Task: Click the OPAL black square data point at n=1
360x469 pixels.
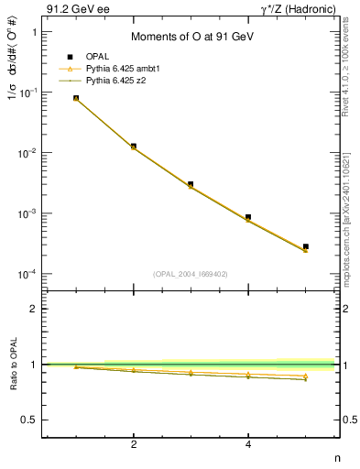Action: pyautogui.click(x=76, y=98)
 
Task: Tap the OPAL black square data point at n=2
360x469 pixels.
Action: pyautogui.click(x=134, y=146)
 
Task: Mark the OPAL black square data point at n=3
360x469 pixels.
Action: pyautogui.click(x=191, y=184)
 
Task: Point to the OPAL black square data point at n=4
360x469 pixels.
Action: pyautogui.click(x=248, y=217)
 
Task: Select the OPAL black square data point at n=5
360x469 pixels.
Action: pyautogui.click(x=306, y=246)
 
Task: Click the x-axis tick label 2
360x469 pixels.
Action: pyautogui.click(x=134, y=445)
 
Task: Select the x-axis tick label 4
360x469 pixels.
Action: pyautogui.click(x=248, y=445)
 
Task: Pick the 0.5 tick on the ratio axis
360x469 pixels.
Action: pyautogui.click(x=29, y=420)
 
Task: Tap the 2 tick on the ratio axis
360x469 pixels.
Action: pyautogui.click(x=34, y=309)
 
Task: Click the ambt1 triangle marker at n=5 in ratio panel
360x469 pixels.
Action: pyautogui.click(x=306, y=376)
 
